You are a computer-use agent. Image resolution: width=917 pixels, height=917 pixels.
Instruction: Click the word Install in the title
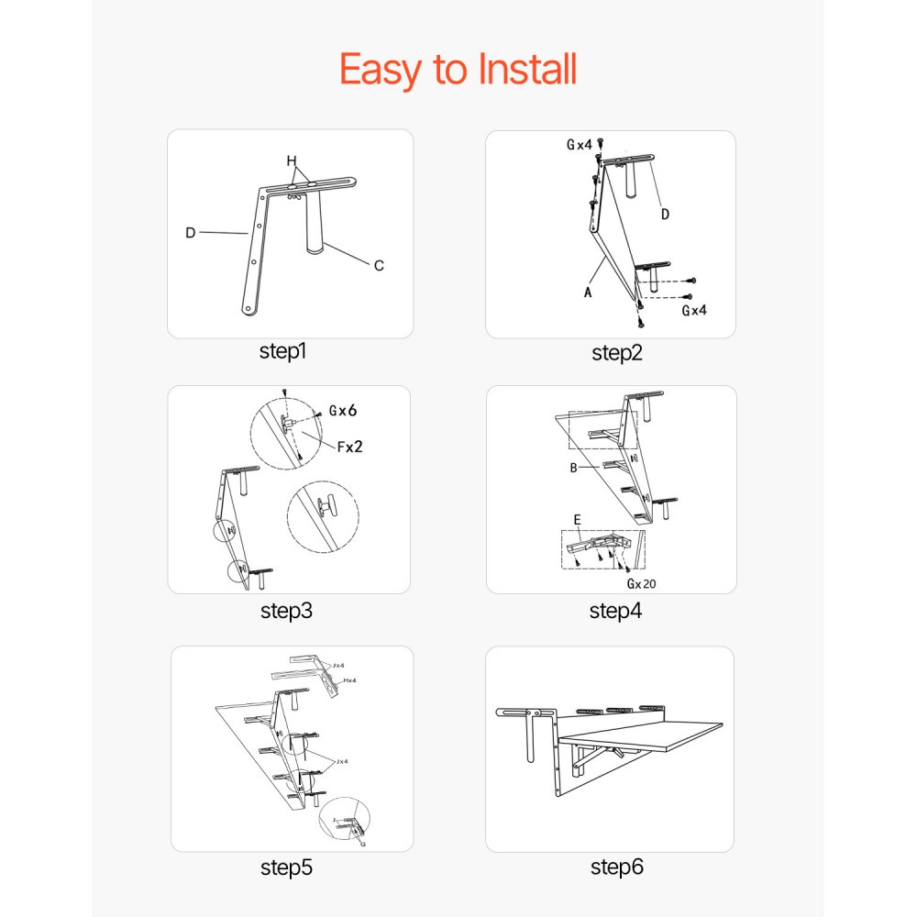[x=527, y=70]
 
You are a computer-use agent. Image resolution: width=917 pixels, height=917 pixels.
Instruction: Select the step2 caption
[x=617, y=353]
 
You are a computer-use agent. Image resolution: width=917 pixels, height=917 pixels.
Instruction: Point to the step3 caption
[x=286, y=610]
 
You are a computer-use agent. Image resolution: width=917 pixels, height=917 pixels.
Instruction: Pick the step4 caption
[x=615, y=611]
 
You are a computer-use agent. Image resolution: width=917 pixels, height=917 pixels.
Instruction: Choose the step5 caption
[x=287, y=867]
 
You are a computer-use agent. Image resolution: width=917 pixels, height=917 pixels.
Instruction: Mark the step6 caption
[x=616, y=867]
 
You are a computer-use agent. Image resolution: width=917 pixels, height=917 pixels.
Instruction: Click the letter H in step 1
[x=292, y=161]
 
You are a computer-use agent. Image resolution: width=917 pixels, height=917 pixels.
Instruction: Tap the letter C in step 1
[x=378, y=266]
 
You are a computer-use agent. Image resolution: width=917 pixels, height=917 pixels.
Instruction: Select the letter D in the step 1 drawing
[x=191, y=233]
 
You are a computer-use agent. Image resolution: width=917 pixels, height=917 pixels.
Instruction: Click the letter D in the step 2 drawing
[x=665, y=215]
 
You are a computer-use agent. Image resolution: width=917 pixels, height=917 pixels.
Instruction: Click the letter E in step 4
[x=577, y=520]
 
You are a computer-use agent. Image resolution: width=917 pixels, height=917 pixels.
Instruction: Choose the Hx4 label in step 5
[x=350, y=680]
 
